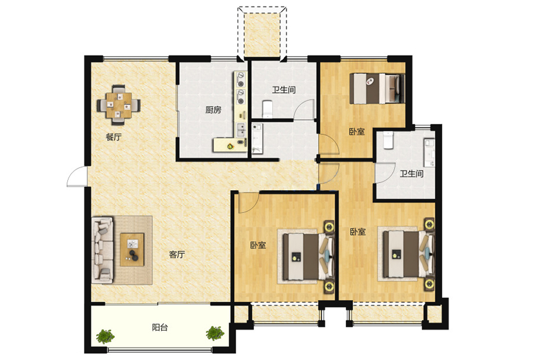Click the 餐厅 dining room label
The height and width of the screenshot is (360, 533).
114,138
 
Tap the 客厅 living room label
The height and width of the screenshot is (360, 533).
177,255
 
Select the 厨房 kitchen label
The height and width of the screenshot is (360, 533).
213,110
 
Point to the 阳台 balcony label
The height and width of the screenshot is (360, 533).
160,328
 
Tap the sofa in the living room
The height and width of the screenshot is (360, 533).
102,250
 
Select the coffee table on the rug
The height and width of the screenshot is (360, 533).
132,250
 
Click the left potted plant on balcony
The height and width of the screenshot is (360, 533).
105,336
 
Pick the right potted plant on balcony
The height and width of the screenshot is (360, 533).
215,333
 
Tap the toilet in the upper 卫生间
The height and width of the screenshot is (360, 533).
268,109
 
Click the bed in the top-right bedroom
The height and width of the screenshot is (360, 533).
378,88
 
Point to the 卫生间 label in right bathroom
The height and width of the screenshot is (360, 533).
412,174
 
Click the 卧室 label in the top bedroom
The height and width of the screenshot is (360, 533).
357,131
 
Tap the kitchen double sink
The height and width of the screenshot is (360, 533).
241,130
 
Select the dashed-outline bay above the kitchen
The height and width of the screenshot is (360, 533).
262,32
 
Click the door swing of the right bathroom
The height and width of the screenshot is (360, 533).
385,173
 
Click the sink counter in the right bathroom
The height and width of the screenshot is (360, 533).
429,152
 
